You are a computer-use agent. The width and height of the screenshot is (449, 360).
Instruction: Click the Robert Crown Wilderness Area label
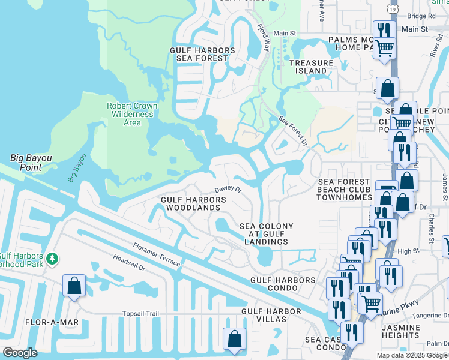(132, 114)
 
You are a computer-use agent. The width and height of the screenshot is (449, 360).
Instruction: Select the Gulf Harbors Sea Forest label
(202, 54)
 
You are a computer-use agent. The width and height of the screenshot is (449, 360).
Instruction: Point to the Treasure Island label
(311, 67)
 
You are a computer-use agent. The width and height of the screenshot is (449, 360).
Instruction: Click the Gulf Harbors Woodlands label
(190, 203)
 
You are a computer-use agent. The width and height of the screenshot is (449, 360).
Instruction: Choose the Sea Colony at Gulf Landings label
(267, 234)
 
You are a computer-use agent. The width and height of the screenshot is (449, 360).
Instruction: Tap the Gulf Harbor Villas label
(271, 315)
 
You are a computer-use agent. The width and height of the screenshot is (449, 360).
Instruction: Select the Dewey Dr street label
(228, 189)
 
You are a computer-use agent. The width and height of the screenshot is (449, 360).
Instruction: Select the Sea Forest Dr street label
(293, 130)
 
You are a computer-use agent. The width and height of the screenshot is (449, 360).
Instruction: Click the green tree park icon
(53, 259)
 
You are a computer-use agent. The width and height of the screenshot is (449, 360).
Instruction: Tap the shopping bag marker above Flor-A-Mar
(74, 287)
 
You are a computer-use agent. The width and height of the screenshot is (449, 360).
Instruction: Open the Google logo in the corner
(20, 353)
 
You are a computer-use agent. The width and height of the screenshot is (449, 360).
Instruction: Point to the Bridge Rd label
(420, 16)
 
